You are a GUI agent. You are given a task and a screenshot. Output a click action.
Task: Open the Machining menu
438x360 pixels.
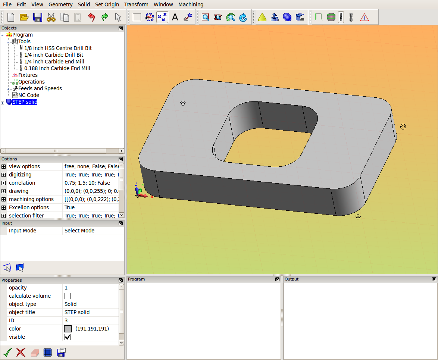click(x=191, y=4)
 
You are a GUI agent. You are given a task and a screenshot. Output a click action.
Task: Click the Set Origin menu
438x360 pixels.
click(x=107, y=4)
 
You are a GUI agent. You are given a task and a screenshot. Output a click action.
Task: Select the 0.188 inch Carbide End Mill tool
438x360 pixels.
click(x=57, y=68)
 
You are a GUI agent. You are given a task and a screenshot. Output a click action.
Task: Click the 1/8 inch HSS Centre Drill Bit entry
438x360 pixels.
click(x=58, y=48)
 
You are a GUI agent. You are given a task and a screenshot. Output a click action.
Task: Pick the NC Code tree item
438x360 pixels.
click(x=28, y=95)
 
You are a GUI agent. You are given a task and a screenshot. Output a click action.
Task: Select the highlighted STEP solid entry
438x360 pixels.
click(x=25, y=102)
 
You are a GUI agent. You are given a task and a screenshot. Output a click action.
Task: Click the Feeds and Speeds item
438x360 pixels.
click(x=40, y=88)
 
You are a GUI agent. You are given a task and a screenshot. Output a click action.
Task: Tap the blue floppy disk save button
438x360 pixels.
click(x=37, y=17)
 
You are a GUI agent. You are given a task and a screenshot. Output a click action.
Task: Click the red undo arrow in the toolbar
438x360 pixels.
click(x=91, y=17)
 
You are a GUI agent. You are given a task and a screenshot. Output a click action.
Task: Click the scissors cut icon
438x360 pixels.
click(x=51, y=17)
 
